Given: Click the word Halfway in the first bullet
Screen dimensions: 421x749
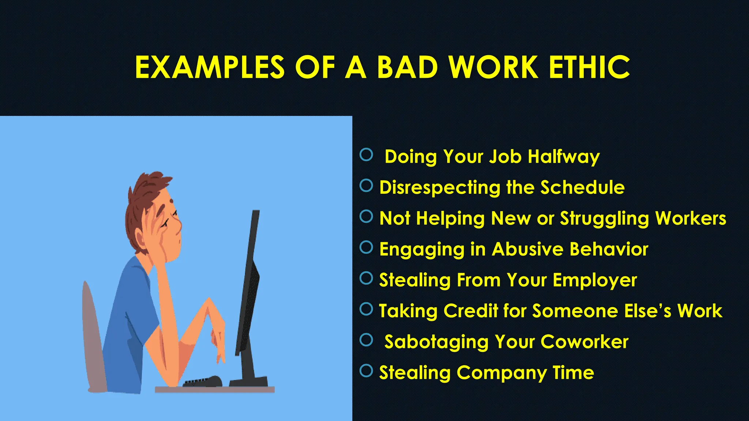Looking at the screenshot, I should pyautogui.click(x=564, y=157).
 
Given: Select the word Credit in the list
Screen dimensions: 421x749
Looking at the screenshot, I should pyautogui.click(x=471, y=311).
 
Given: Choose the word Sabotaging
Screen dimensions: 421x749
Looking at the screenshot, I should pyautogui.click(x=436, y=342).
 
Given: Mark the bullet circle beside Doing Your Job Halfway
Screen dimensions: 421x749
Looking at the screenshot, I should pyautogui.click(x=366, y=155).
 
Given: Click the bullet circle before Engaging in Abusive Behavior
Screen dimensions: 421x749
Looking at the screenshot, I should pyautogui.click(x=366, y=247).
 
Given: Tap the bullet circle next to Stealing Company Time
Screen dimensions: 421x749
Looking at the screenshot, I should pyautogui.click(x=366, y=371).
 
